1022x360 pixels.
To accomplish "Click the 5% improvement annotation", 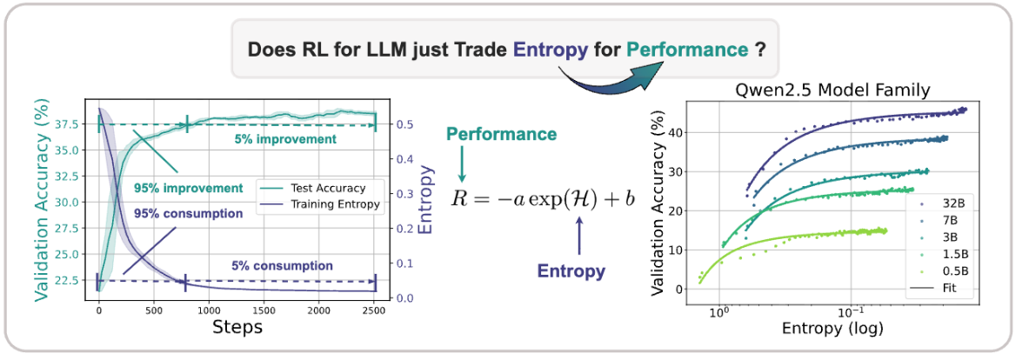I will tap(284, 139).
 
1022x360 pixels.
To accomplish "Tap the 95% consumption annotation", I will tap(188, 213).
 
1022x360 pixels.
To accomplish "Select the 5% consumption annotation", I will tap(282, 265).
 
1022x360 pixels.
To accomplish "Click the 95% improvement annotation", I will tap(187, 188).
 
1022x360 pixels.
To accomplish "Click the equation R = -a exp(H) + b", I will tap(543, 197).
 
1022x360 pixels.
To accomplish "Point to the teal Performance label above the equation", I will tap(502, 135).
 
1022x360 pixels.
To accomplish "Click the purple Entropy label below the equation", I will tap(571, 270).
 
